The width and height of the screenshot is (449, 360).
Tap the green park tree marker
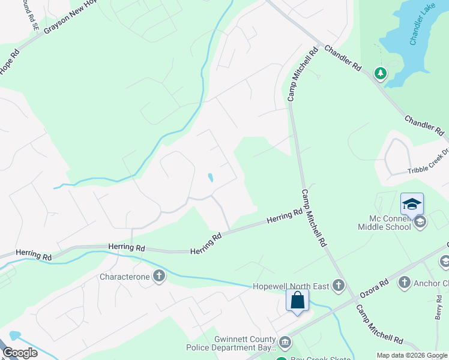tap(380, 73)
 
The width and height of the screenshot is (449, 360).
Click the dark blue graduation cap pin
tap(412, 204)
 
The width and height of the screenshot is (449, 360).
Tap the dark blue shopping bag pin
tap(298, 300)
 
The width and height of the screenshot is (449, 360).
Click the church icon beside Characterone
tap(159, 276)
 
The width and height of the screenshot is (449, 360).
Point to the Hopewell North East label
tap(291, 286)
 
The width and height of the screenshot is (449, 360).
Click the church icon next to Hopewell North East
tap(339, 286)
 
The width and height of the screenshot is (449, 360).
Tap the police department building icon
tap(285, 343)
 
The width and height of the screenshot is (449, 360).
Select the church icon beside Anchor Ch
tap(404, 282)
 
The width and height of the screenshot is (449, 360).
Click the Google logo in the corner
tap(20, 353)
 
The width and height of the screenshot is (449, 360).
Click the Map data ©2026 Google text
tap(411, 355)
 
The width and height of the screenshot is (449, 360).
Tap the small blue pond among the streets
tap(210, 178)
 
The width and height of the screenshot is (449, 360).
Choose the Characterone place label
tap(124, 277)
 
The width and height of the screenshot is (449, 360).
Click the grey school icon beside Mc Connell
tap(420, 223)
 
